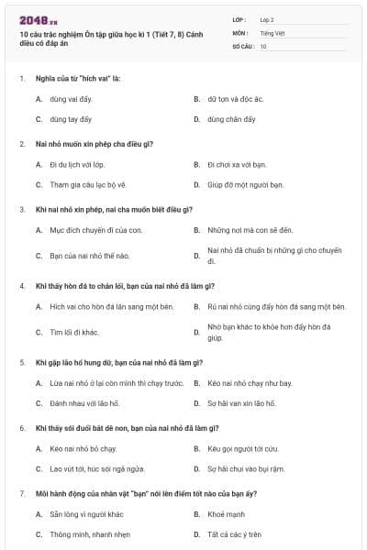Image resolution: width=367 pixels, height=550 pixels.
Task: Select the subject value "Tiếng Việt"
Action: (272, 32)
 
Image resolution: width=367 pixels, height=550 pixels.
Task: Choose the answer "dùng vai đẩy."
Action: (72, 99)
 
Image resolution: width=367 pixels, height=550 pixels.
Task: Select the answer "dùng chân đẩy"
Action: (231, 119)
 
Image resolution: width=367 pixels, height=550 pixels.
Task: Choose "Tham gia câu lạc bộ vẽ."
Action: (88, 185)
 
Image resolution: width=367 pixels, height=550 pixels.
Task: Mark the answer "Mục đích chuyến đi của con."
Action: (95, 230)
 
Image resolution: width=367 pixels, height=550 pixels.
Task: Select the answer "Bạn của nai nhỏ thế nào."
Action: (90, 256)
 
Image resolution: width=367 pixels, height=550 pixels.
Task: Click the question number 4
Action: (21, 286)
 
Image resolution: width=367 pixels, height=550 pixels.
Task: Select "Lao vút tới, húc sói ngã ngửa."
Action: (97, 468)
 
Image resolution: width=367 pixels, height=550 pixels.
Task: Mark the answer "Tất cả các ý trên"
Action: (234, 534)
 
